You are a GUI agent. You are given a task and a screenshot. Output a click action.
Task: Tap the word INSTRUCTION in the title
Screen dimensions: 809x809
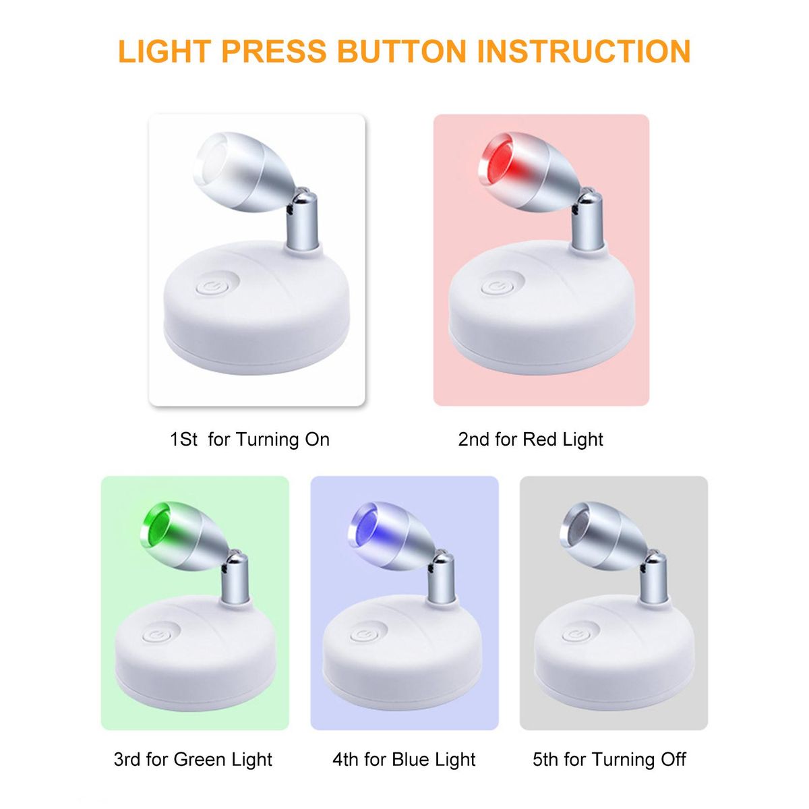click(x=584, y=51)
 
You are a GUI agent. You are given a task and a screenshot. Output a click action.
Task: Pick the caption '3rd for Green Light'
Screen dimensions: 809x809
click(x=193, y=760)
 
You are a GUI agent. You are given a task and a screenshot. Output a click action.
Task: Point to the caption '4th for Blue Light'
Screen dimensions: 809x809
click(x=404, y=760)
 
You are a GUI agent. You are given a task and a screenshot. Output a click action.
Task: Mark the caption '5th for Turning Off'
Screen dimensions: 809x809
click(x=609, y=760)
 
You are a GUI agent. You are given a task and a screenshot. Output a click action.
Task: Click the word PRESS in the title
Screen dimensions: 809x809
click(x=274, y=51)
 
